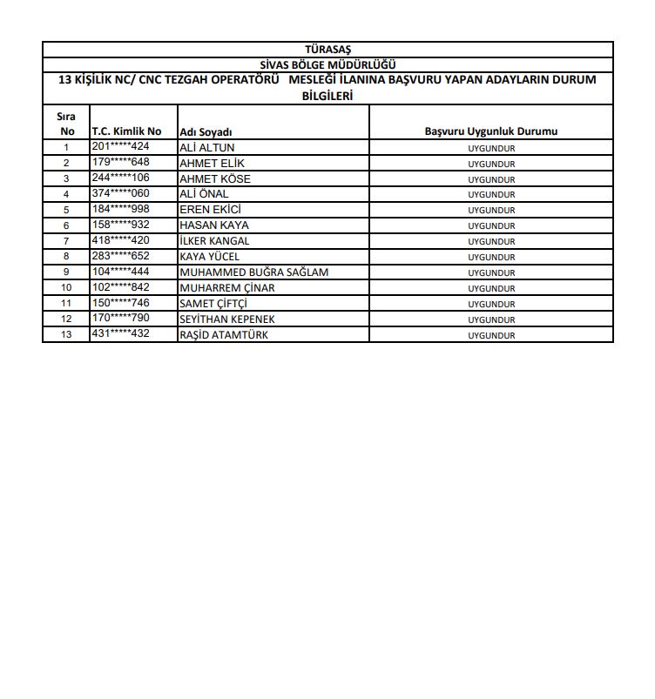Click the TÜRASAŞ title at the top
327,49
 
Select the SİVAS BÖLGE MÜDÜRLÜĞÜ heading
327,64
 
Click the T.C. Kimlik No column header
126,131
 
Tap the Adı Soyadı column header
205,131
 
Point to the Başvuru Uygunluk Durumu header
491,131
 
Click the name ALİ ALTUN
206,148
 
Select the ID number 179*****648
121,162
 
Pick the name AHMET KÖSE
214,179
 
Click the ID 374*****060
121,193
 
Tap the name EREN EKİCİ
210,210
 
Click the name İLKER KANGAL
214,241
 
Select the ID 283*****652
121,256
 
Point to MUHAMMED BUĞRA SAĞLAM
253,272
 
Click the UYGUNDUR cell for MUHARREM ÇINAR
491,288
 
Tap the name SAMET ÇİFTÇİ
213,304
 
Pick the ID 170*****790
121,319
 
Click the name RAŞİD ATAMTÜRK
223,335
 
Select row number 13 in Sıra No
66,335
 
